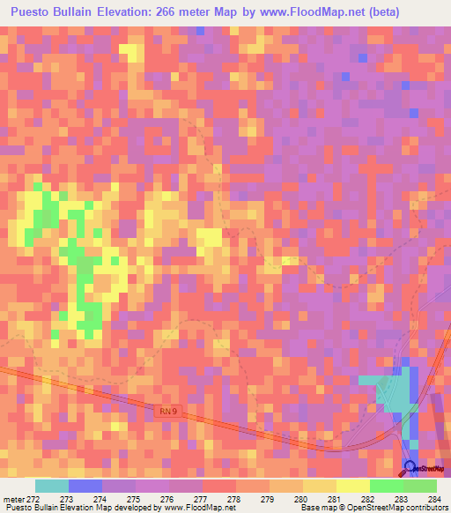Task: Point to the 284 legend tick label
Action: tap(434, 499)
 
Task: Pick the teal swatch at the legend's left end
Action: tap(52, 486)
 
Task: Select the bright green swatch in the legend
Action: tap(386, 486)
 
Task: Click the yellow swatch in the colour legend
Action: tap(352, 486)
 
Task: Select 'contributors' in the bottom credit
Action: tap(420, 508)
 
